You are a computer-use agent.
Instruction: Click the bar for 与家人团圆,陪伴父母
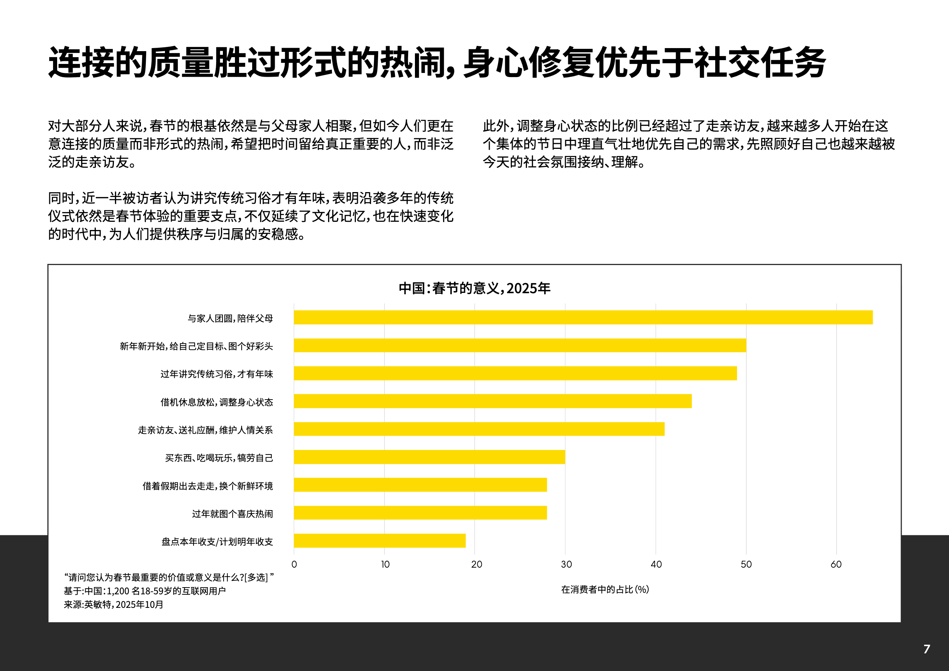(x=583, y=318)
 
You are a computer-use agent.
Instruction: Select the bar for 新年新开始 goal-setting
(x=519, y=345)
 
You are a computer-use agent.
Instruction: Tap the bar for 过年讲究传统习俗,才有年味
(x=515, y=373)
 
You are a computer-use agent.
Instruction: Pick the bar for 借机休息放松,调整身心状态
(x=492, y=401)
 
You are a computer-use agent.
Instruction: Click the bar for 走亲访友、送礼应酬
(x=479, y=429)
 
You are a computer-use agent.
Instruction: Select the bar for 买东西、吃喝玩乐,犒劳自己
(x=429, y=457)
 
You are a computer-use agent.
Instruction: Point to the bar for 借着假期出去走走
(x=420, y=485)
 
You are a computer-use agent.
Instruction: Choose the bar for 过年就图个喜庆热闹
(x=420, y=513)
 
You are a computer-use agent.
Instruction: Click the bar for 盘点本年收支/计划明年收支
(x=380, y=541)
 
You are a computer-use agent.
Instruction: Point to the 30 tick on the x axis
(x=566, y=564)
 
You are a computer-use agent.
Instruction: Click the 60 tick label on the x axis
(x=836, y=564)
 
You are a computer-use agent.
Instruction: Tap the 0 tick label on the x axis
(x=294, y=564)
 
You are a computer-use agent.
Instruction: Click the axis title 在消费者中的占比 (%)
(x=605, y=589)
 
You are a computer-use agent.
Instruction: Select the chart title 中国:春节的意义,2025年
(x=474, y=288)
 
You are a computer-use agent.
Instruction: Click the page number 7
(x=927, y=649)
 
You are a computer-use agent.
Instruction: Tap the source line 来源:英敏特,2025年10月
(x=114, y=604)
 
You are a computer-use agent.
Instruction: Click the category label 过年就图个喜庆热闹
(x=232, y=514)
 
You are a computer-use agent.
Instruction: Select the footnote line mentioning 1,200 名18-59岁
(x=145, y=591)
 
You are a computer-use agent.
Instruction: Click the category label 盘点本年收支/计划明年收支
(x=217, y=542)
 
